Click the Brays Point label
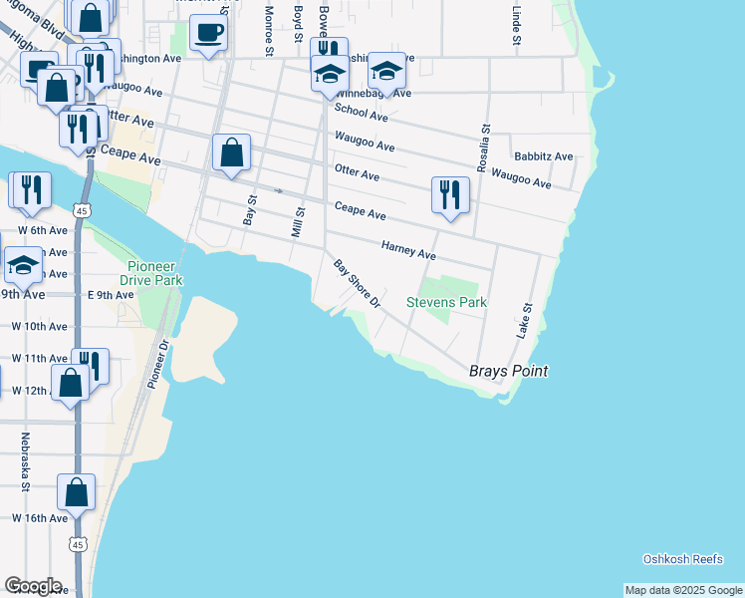508,372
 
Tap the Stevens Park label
446,301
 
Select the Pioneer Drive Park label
154,274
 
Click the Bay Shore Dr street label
358,284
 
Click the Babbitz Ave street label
543,156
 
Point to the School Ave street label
361,113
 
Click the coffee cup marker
208,33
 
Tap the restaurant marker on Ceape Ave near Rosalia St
450,193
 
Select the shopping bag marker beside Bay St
231,153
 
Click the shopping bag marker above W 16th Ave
77,491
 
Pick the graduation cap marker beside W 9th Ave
23,265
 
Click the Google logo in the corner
33,585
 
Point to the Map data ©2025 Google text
683,590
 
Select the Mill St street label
297,221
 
